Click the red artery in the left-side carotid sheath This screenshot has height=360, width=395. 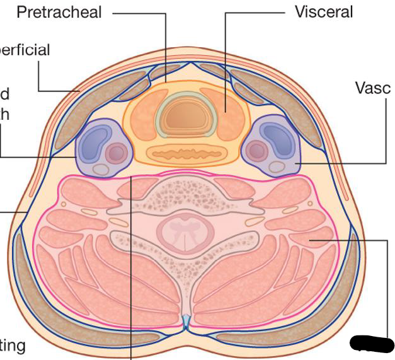click(115, 153)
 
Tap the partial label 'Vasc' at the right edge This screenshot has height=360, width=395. click(374, 88)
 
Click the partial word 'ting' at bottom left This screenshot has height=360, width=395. click(13, 345)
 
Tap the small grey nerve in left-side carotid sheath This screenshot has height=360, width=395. click(100, 169)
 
